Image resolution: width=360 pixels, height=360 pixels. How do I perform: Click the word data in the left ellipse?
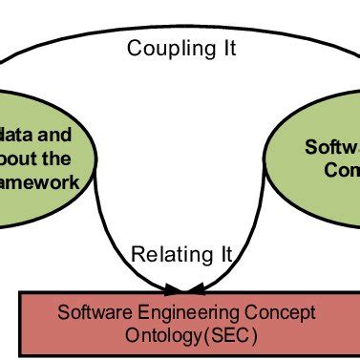24,135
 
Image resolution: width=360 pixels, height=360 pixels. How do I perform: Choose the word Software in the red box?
90,312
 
